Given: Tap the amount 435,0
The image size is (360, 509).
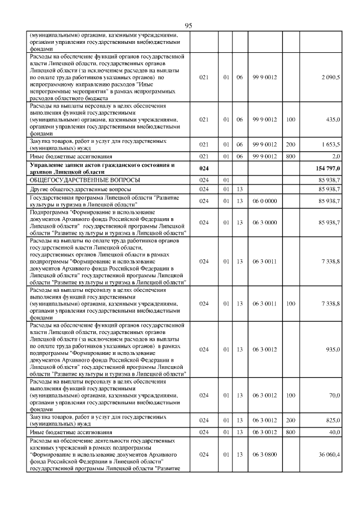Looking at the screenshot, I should tap(332, 120).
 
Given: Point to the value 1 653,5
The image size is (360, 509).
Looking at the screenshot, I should tap(330, 145).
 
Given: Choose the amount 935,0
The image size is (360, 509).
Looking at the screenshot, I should tap(333, 349).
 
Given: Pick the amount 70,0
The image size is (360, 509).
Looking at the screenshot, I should tap(334, 395).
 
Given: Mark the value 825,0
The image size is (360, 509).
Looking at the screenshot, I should tap(333, 420).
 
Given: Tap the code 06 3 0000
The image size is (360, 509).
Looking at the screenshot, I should tap(263, 223).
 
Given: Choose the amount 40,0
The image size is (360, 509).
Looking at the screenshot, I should tap(334, 431).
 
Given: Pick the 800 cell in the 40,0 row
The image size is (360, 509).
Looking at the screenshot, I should tap(290, 431).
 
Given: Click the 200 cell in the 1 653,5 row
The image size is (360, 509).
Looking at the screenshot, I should tap(290, 145).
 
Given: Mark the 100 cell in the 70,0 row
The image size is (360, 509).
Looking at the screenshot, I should tap(290, 395).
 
